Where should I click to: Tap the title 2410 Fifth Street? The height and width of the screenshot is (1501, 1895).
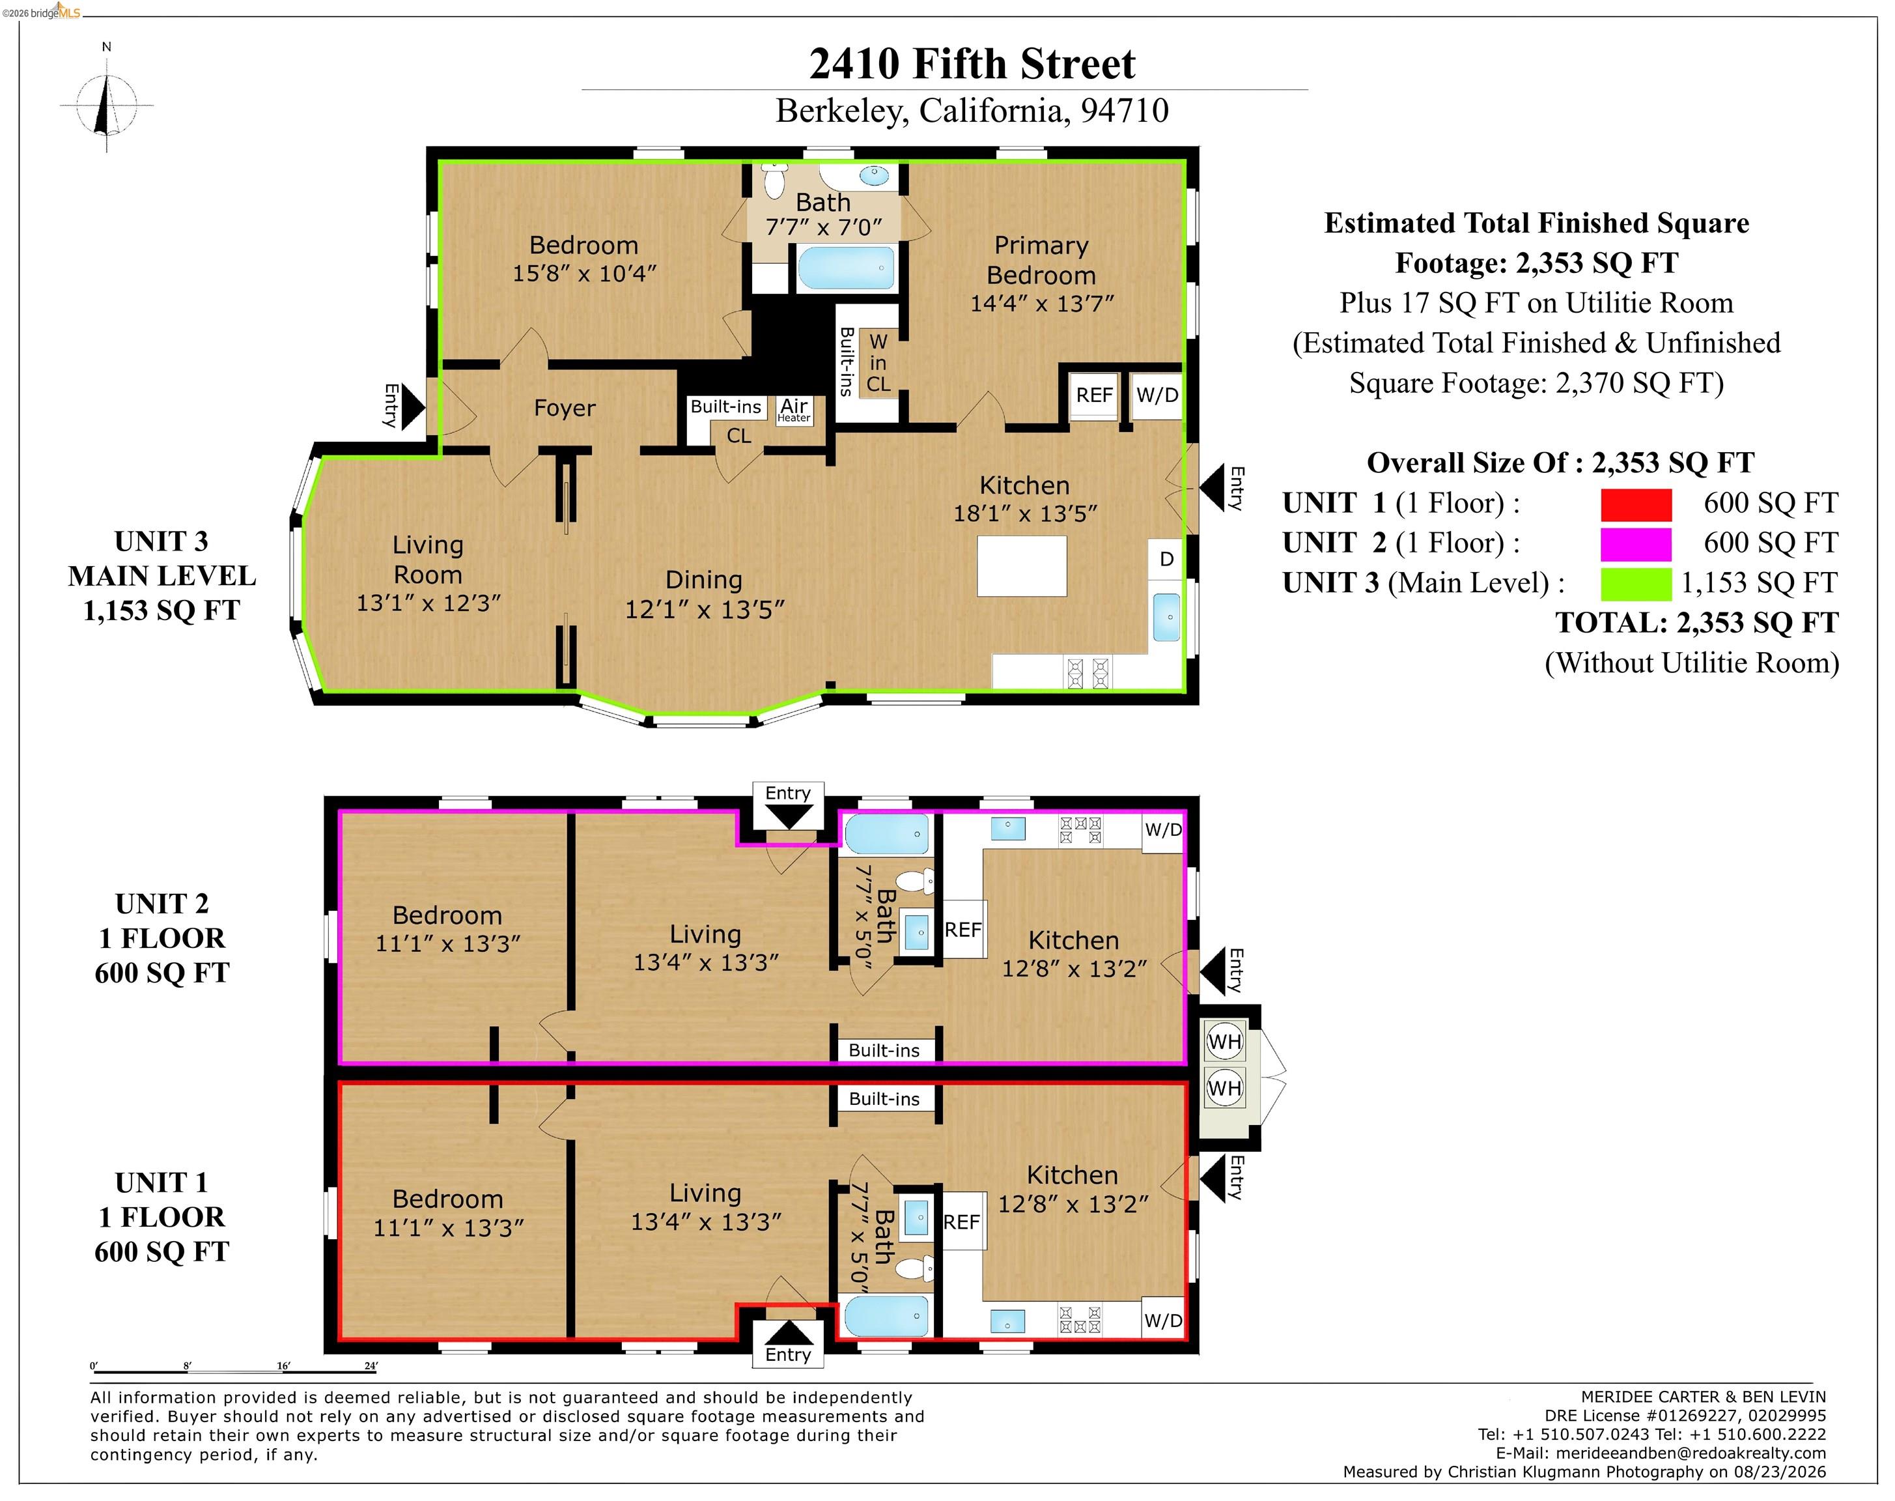tap(972, 63)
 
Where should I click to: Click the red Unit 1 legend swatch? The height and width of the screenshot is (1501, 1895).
tap(1635, 504)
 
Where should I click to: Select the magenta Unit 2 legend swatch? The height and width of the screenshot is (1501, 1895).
tap(1635, 544)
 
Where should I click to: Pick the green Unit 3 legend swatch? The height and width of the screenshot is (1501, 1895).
tap(1635, 584)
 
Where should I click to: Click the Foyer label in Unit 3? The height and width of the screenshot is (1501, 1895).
tap(564, 408)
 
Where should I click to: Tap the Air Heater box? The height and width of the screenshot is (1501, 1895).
tap(794, 410)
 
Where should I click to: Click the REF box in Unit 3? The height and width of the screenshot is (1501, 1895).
tap(1094, 395)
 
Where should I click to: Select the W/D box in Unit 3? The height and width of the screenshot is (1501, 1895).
tap(1157, 395)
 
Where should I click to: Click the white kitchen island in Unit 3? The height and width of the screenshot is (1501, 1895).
tap(1022, 567)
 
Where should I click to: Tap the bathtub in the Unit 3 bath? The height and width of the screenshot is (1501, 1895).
tap(845, 268)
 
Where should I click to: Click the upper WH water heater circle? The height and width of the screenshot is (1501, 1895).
tap(1225, 1042)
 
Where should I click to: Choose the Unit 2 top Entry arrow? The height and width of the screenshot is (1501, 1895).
tap(788, 818)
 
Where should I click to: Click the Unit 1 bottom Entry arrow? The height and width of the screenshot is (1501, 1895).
tap(788, 1332)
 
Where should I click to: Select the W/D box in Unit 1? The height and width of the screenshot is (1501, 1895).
tap(1163, 1321)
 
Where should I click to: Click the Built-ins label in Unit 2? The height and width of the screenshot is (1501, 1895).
tap(884, 1050)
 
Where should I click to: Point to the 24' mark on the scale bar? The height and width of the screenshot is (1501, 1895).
tap(371, 1365)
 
